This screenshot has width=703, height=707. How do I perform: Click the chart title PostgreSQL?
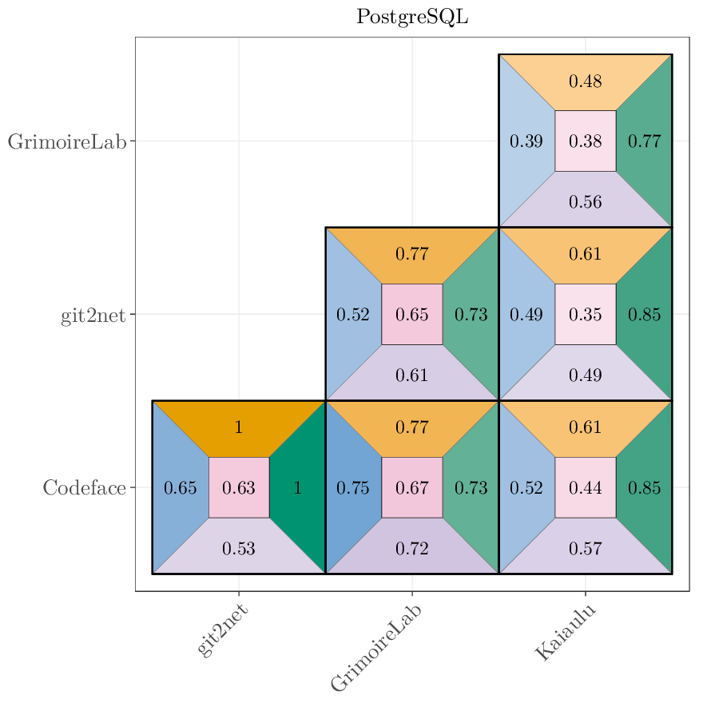point(412,17)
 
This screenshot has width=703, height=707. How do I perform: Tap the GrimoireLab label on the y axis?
point(67,142)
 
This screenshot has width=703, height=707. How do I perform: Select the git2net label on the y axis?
point(93,316)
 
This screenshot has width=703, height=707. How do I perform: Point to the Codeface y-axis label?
point(84,488)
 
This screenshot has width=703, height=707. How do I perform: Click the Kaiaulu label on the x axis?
point(565,634)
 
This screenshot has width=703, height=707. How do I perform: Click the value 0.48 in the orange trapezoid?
point(585,81)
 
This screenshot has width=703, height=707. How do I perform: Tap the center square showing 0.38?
point(585,141)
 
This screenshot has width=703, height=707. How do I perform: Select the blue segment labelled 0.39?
point(526,141)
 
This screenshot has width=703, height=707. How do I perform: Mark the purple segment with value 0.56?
point(585,202)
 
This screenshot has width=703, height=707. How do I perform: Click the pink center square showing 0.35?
point(585,315)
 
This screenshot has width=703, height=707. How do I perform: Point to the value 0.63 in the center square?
point(238,488)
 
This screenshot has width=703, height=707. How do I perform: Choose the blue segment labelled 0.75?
point(352,488)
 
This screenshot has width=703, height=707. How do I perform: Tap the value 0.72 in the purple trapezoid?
point(411,549)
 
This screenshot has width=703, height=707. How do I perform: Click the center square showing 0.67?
point(411,488)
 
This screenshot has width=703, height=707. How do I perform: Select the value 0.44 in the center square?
point(585,488)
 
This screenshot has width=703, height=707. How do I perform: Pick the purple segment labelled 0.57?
point(585,549)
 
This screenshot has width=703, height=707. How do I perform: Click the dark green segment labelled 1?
point(298,488)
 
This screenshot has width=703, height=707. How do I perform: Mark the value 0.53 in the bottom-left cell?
point(238,549)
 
